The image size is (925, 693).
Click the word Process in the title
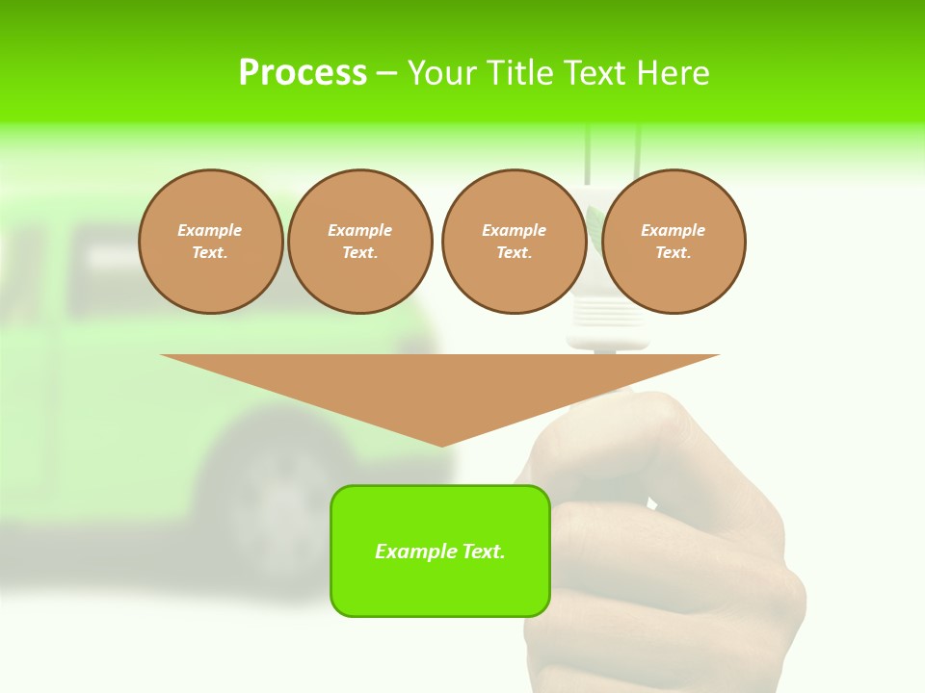click(x=303, y=73)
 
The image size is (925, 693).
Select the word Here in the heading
click(x=674, y=73)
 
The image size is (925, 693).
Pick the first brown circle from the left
click(x=210, y=242)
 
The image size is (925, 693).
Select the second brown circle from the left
click(x=359, y=242)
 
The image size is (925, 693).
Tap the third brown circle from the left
click(x=514, y=242)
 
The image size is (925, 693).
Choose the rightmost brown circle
click(x=673, y=242)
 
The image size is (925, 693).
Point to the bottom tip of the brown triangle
click(x=441, y=445)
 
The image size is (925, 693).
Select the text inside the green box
click(x=440, y=552)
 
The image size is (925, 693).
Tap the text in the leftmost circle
click(x=210, y=242)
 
